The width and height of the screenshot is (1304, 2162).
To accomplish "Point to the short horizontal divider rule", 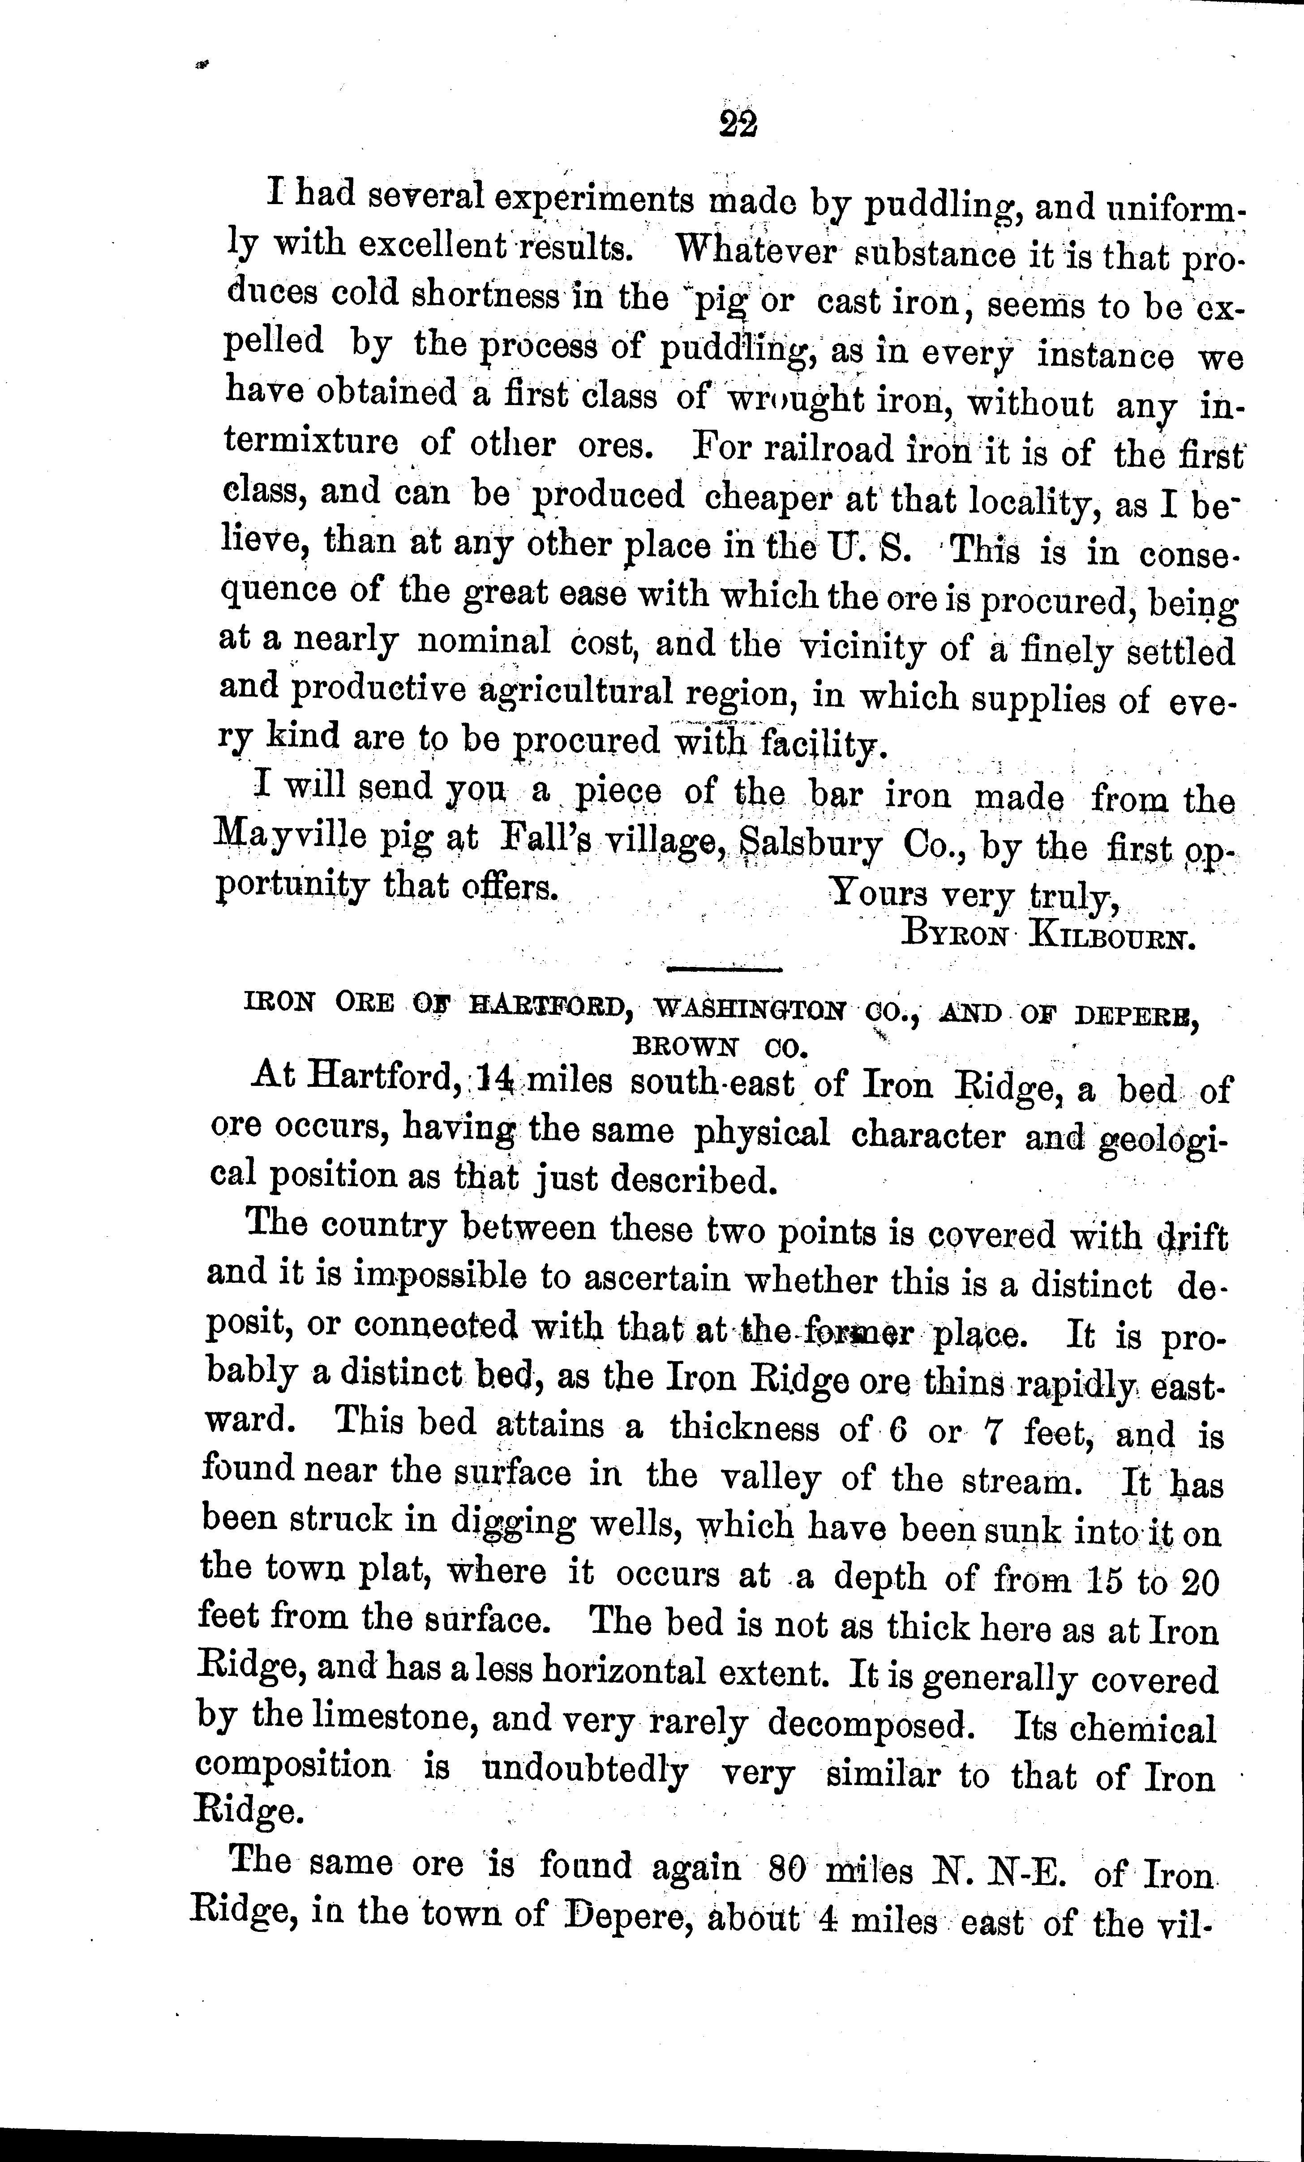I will [724, 970].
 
